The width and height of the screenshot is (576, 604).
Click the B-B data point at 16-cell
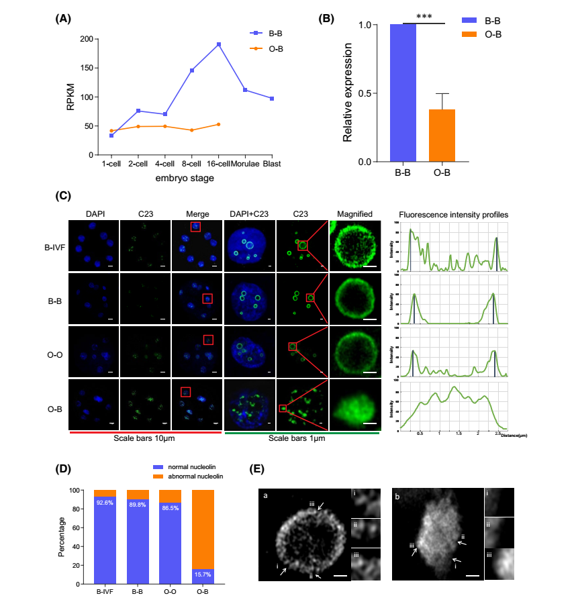click(219, 44)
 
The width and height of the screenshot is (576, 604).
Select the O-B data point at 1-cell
click(111, 131)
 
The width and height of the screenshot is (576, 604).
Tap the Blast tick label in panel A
click(272, 164)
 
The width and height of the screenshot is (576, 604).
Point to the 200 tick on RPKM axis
click(85, 39)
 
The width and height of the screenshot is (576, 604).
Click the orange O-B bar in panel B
click(442, 136)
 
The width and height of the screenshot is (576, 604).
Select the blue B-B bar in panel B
click(403, 93)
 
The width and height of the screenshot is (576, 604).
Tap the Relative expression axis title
click(347, 92)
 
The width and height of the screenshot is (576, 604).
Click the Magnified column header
click(354, 214)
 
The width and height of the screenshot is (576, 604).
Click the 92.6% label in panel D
click(105, 501)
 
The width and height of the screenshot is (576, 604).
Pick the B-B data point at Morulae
click(245, 90)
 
